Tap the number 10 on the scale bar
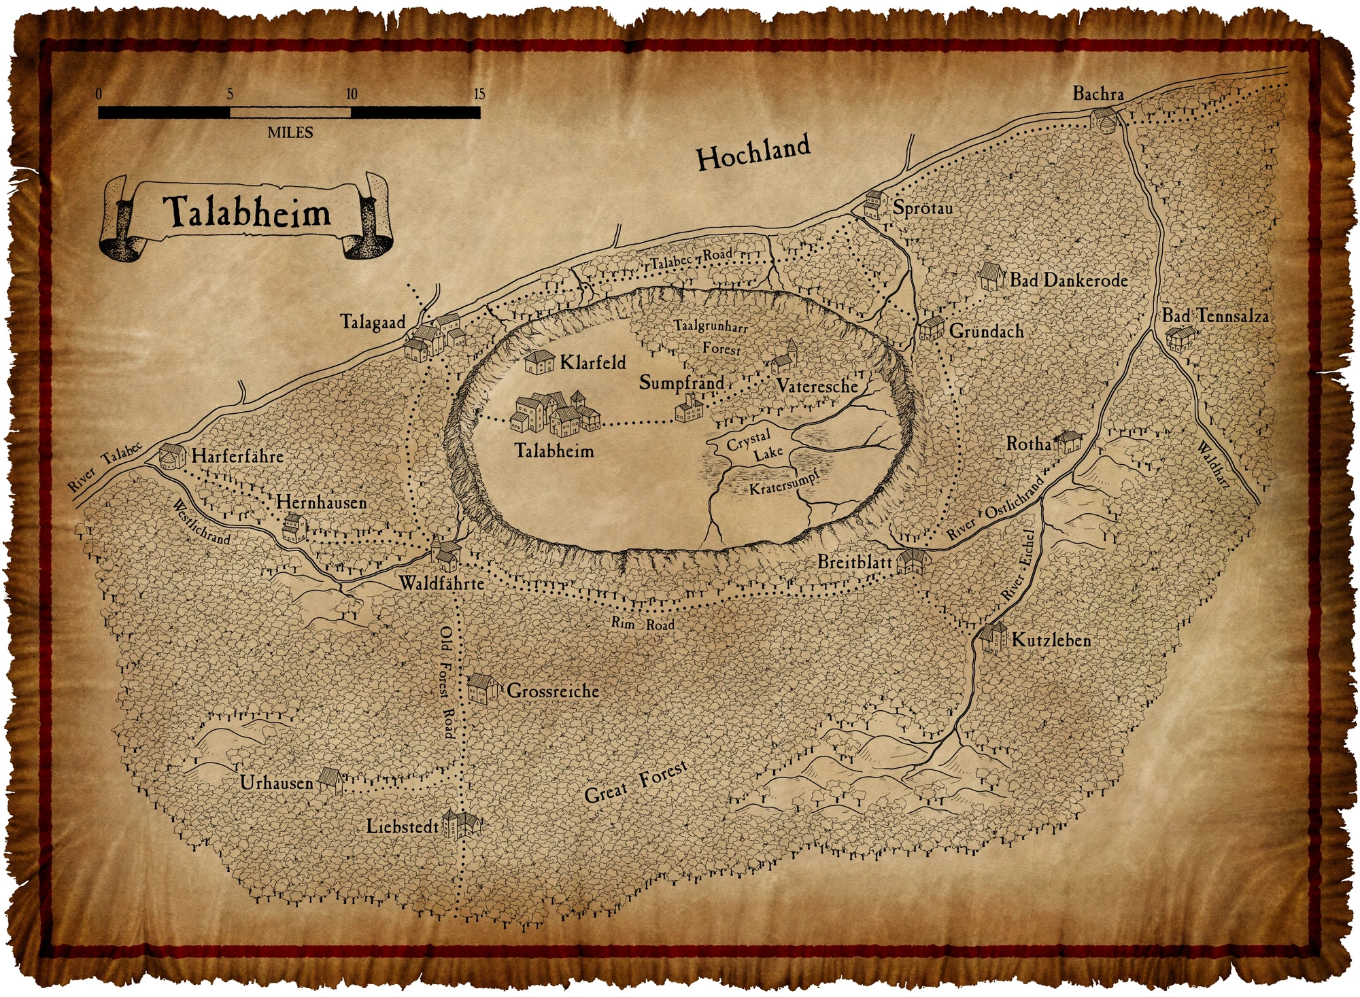tap(352, 94)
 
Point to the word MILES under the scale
tap(290, 133)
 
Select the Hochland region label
tap(754, 154)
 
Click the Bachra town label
tap(1098, 94)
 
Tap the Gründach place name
tap(986, 331)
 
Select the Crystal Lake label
tap(754, 446)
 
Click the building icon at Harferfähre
tap(172, 456)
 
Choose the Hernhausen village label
tap(321, 502)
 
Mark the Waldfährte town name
tap(441, 583)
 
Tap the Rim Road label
tap(643, 623)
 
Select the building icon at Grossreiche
tap(483, 688)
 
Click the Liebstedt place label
tap(403, 826)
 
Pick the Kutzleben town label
tap(1051, 640)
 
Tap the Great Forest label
tap(636, 784)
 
